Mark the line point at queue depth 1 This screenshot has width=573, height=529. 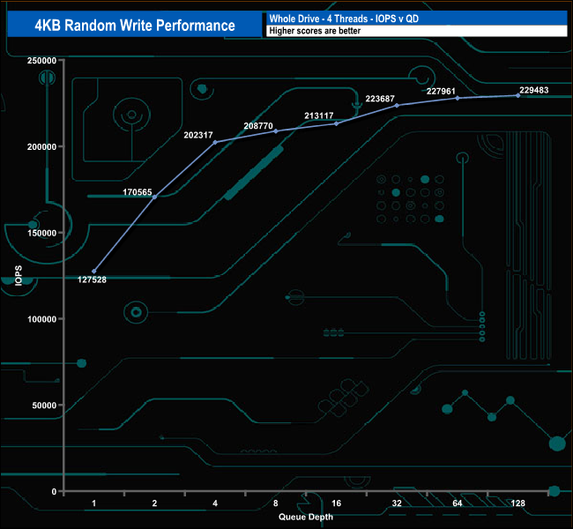pyautogui.click(x=94, y=272)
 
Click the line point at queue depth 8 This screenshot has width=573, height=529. pyautogui.click(x=276, y=131)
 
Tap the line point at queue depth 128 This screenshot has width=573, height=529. pyautogui.click(x=518, y=95)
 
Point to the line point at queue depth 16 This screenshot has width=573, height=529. pyautogui.click(x=337, y=123)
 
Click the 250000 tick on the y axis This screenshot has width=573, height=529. pyautogui.click(x=42, y=61)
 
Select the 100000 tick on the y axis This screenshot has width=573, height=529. pyautogui.click(x=42, y=319)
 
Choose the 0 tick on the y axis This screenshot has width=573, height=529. pyautogui.click(x=55, y=492)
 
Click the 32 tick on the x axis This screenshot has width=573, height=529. pyautogui.click(x=397, y=503)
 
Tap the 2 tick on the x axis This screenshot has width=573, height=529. pyautogui.click(x=155, y=503)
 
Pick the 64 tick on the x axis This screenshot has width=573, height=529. pyautogui.click(x=458, y=503)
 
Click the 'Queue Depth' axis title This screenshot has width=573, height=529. pyautogui.click(x=306, y=517)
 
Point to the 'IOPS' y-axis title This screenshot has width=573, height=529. pyautogui.click(x=19, y=276)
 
